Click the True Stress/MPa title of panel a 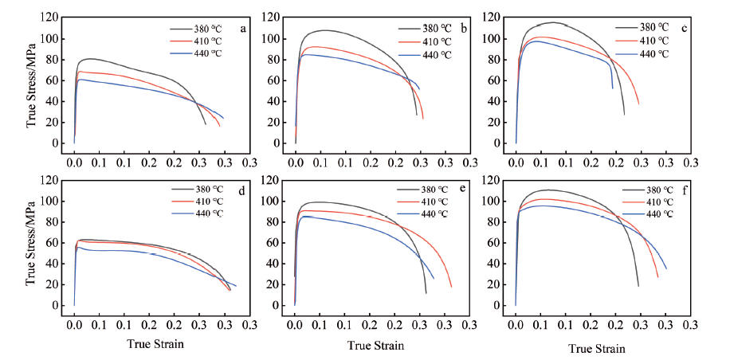pos(31,80)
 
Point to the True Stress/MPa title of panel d pos(31,242)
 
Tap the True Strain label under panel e pos(375,346)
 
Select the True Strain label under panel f pos(597,348)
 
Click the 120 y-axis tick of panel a pos(49,18)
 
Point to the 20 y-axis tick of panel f pos(497,284)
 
